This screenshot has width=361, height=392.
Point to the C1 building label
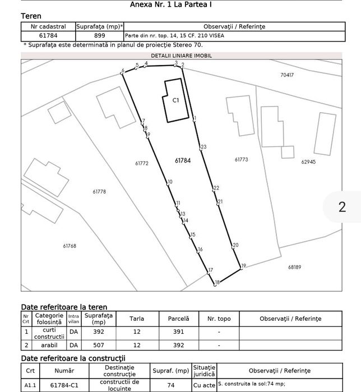point(175,100)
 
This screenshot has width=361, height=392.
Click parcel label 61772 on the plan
point(141,163)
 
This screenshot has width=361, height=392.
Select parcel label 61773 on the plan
point(240,160)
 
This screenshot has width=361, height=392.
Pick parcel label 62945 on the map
point(308,162)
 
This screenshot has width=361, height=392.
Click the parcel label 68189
point(295,267)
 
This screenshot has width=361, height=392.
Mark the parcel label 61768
point(70,246)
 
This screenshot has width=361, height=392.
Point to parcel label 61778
point(99,192)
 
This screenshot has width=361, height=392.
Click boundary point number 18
point(217,283)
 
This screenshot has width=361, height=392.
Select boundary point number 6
point(122,71)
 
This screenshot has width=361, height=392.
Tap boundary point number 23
point(203,147)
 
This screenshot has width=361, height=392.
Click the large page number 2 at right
point(342,206)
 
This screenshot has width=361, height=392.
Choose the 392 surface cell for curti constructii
point(99,332)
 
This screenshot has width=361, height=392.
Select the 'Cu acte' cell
point(203,385)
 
